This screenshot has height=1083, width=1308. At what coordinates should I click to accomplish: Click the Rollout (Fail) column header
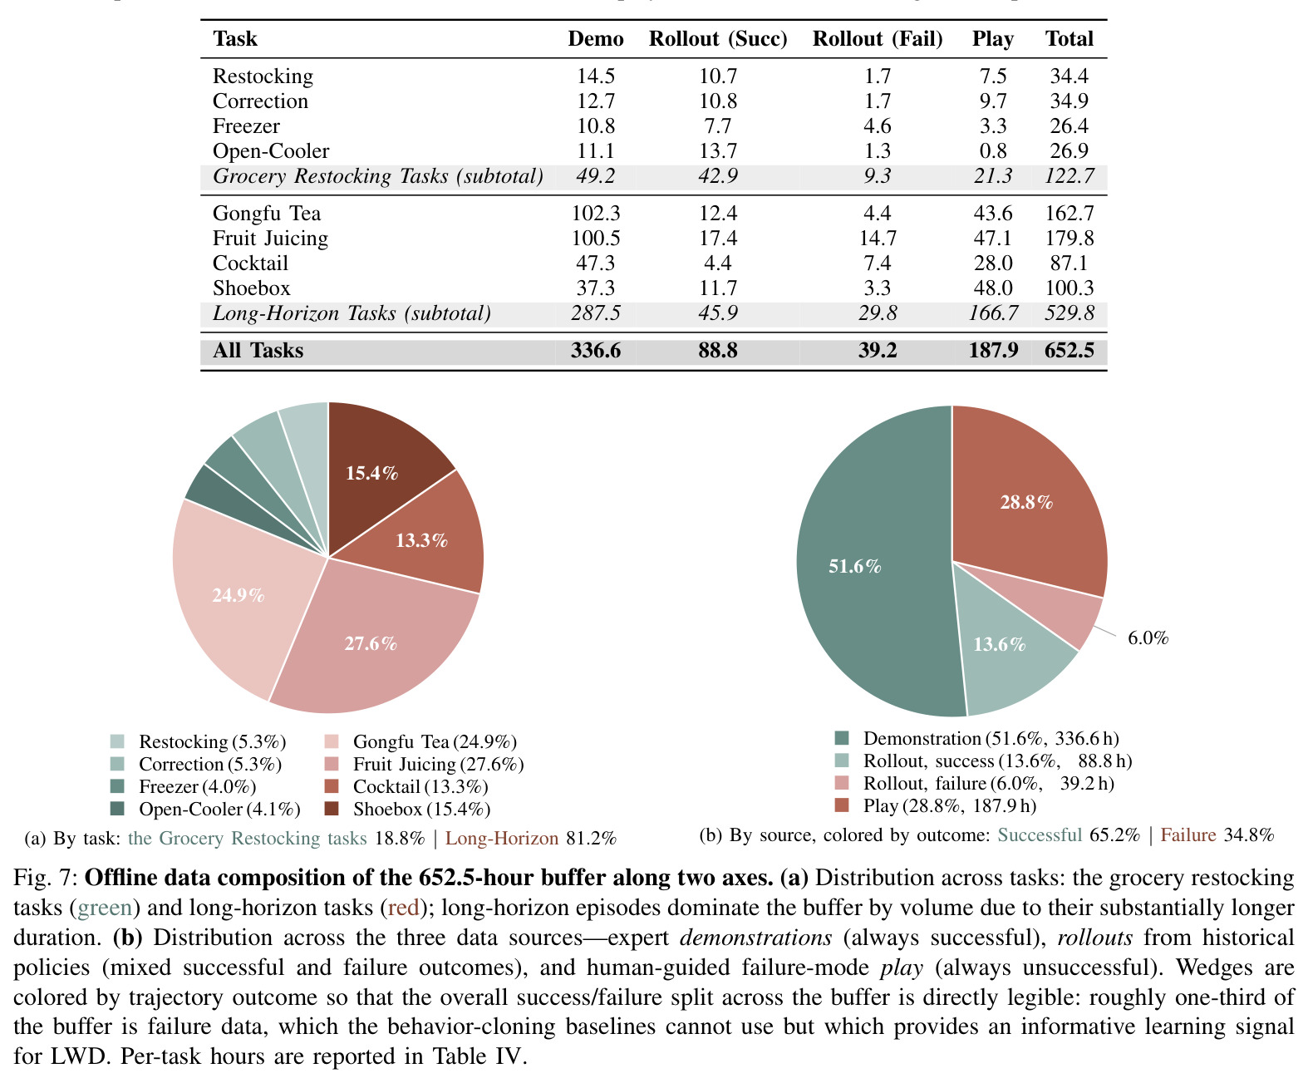point(877,39)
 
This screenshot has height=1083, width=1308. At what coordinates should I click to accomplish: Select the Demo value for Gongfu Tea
point(595,213)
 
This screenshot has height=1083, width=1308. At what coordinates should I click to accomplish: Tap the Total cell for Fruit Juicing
point(1069,239)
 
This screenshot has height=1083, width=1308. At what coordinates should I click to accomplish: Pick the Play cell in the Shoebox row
point(992,288)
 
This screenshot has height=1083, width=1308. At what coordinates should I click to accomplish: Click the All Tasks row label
point(258,350)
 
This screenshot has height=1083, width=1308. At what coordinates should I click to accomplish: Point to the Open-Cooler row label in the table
point(271,151)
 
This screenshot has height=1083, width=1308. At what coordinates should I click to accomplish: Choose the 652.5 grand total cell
point(1069,350)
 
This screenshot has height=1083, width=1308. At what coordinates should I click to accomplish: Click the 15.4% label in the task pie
point(372,473)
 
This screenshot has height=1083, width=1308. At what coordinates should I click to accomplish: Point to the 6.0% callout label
point(1148,638)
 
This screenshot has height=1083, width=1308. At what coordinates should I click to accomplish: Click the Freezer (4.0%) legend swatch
point(117,786)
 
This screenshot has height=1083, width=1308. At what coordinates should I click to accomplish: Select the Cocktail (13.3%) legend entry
point(406,786)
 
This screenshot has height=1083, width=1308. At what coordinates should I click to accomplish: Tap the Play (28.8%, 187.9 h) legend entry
point(936,805)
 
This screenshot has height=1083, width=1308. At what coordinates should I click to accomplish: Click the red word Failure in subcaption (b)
point(1188,834)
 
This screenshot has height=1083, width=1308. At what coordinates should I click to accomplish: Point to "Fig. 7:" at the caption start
point(45,878)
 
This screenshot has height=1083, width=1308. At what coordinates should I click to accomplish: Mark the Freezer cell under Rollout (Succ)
point(718,126)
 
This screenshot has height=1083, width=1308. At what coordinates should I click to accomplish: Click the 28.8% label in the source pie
point(1026,502)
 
